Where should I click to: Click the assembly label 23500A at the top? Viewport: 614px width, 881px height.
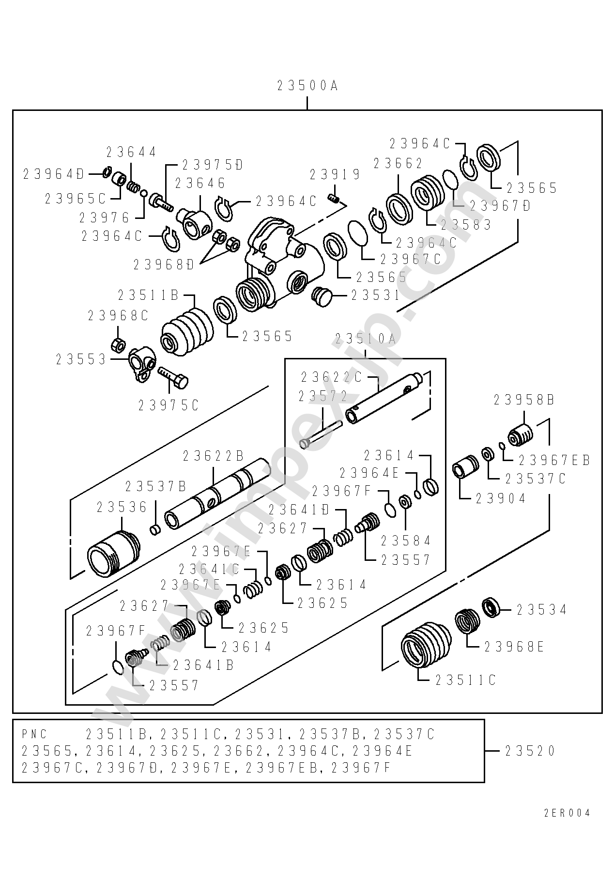307,86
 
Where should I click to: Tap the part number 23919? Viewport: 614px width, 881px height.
335,174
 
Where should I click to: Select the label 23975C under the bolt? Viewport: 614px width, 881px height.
169,405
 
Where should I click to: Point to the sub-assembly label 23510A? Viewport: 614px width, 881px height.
366,339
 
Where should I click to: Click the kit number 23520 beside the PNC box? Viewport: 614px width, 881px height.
530,751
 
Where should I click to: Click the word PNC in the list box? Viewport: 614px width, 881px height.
34,734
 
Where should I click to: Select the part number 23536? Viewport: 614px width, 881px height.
122,507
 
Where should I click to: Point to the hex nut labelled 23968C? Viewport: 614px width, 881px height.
118,345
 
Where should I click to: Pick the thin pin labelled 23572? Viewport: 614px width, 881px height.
321,434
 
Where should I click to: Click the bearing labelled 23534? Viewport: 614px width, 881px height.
492,608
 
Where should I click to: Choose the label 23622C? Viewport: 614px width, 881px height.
331,376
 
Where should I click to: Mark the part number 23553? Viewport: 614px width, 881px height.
81,359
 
